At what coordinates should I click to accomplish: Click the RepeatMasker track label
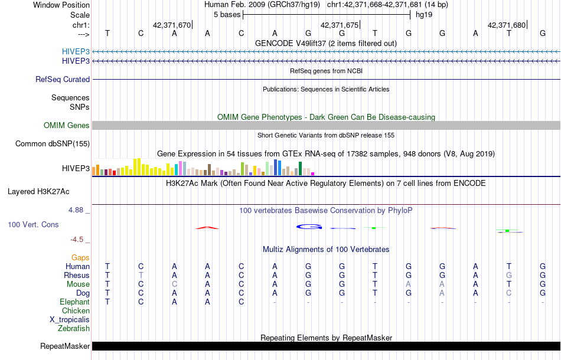(65, 346)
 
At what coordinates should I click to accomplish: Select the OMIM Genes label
(67, 125)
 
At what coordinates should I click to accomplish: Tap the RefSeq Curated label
(63, 79)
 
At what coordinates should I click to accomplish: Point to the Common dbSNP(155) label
(53, 143)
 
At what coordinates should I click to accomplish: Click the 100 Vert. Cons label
(33, 225)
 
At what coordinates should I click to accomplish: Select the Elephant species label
(74, 302)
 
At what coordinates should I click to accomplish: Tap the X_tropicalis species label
(70, 319)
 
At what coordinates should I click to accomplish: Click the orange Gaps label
(80, 257)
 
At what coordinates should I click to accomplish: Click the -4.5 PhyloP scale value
(79, 240)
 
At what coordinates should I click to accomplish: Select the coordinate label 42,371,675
(339, 25)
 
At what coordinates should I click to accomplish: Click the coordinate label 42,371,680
(506, 25)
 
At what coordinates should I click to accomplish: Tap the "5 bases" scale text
(226, 14)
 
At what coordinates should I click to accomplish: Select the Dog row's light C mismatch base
(508, 293)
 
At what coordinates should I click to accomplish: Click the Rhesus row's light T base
(141, 275)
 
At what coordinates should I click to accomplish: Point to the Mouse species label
(78, 284)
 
